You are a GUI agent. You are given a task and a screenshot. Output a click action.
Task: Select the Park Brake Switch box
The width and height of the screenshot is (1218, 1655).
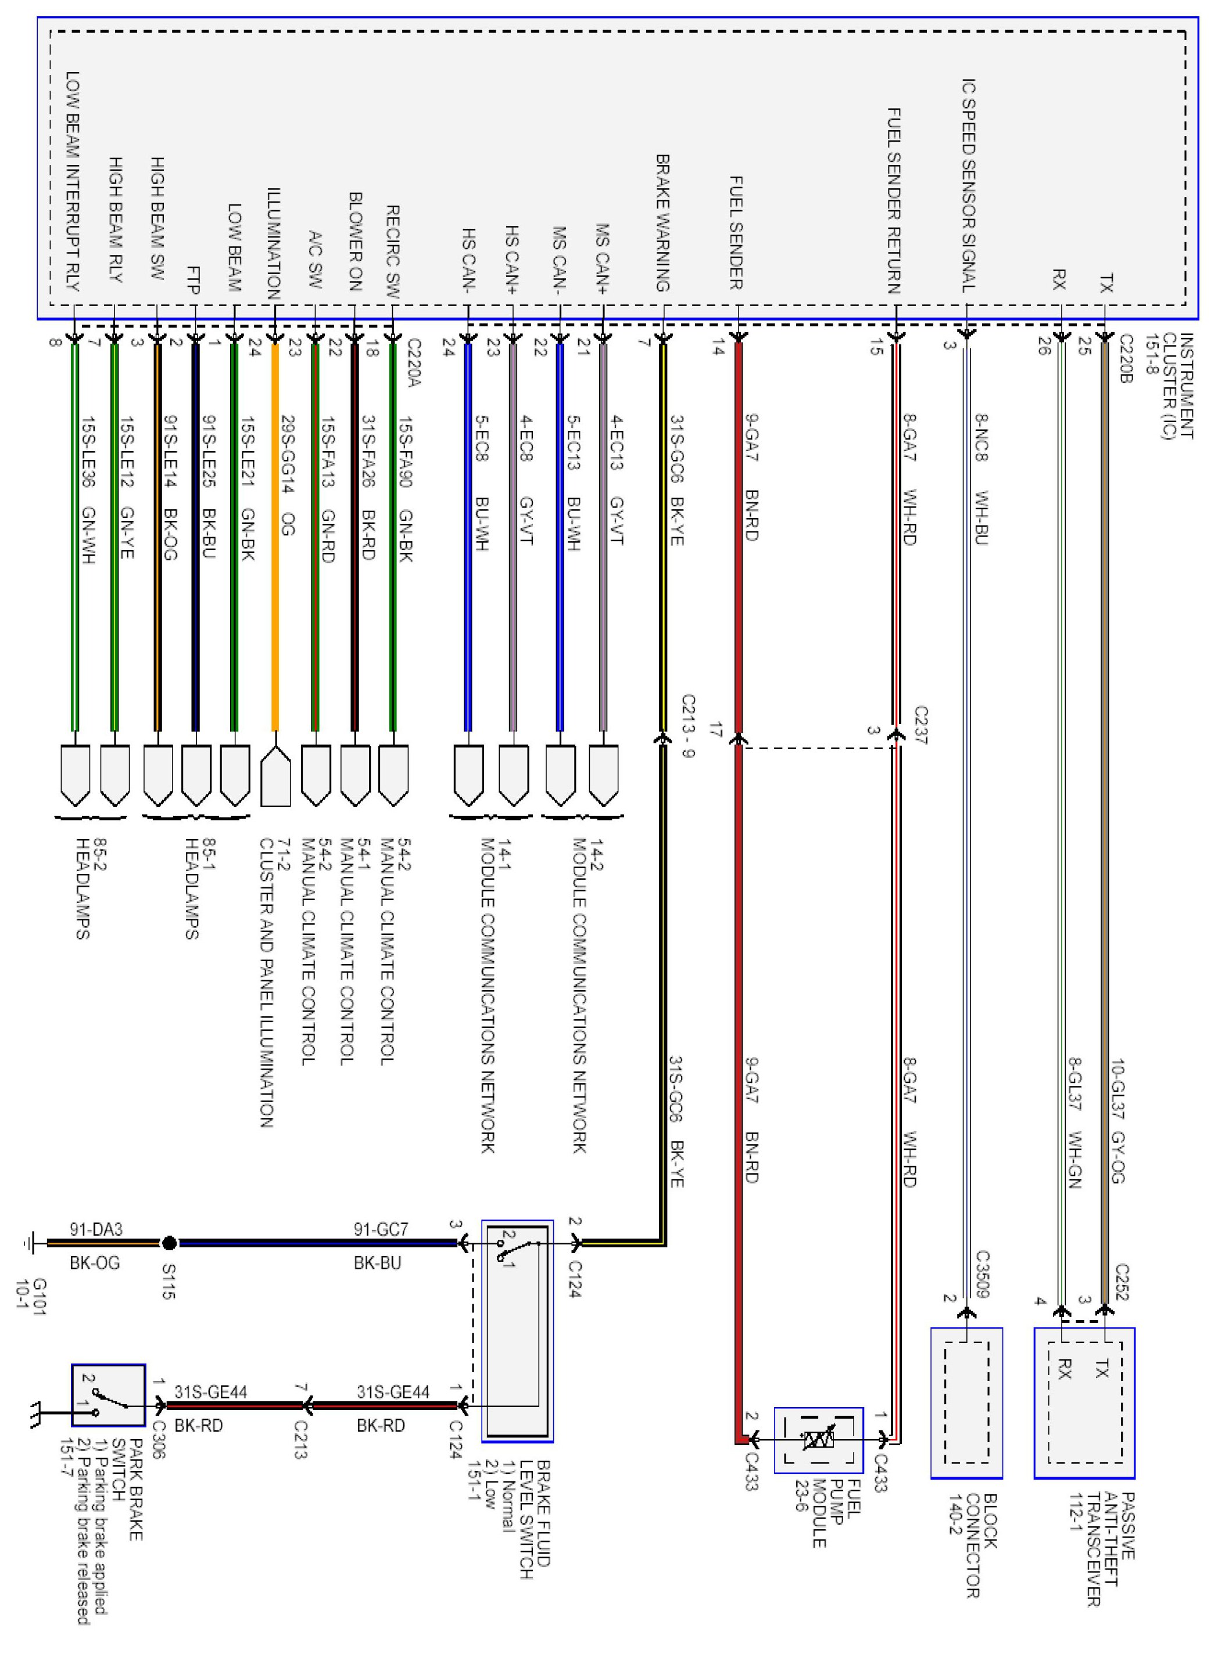click(109, 1395)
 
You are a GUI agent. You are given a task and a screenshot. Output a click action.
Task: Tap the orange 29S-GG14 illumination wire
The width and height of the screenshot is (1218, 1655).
click(275, 538)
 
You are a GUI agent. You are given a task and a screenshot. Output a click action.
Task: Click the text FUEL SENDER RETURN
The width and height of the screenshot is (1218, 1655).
click(894, 200)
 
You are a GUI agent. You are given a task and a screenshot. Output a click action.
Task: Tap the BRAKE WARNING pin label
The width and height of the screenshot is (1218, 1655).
click(663, 222)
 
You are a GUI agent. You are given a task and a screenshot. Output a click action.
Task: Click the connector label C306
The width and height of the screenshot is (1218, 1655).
click(158, 1440)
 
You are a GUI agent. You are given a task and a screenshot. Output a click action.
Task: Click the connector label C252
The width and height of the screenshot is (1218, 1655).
click(1122, 1283)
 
